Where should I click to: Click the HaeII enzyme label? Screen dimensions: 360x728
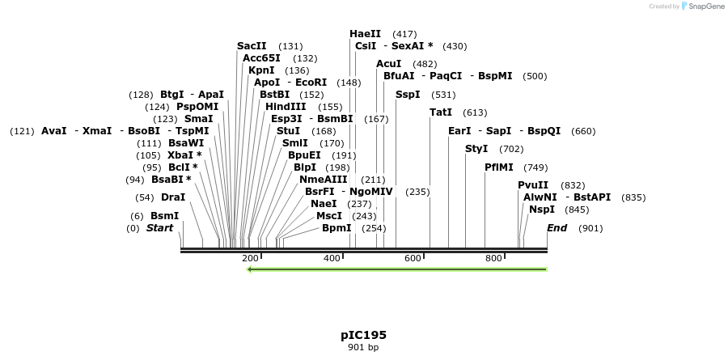click(x=365, y=34)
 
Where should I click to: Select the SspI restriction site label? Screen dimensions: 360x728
click(x=408, y=95)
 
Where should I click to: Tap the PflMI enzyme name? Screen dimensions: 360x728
click(x=498, y=167)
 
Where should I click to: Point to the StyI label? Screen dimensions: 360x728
click(x=476, y=149)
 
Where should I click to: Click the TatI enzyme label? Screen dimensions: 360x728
click(x=441, y=112)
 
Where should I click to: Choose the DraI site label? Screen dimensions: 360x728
click(x=173, y=197)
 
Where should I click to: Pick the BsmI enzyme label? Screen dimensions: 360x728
click(x=164, y=216)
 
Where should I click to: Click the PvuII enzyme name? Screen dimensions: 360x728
click(x=533, y=185)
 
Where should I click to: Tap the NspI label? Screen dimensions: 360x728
click(x=542, y=210)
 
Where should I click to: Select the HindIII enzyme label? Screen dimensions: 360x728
click(x=286, y=107)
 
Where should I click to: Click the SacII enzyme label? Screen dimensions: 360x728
click(x=252, y=46)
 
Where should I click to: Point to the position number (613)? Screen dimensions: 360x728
click(x=475, y=113)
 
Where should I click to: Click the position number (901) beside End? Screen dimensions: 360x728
click(x=590, y=228)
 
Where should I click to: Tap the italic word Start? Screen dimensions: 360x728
click(x=159, y=228)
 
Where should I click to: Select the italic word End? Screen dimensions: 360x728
click(x=557, y=228)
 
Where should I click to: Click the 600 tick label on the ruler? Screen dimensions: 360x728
click(x=413, y=258)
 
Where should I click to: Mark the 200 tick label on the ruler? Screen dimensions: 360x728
click(x=250, y=258)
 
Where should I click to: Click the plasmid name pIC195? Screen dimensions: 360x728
click(x=363, y=335)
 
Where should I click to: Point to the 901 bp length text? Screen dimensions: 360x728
click(x=363, y=348)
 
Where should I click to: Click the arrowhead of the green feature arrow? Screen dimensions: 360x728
click(x=250, y=269)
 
